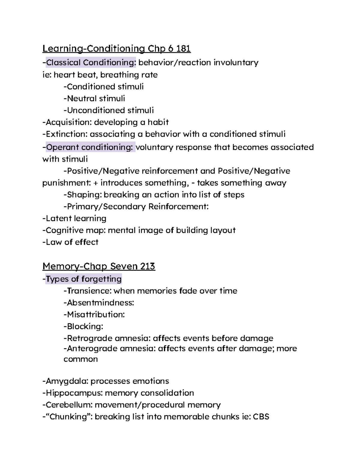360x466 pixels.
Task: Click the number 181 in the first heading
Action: [183, 49]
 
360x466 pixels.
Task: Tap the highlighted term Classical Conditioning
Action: [91, 62]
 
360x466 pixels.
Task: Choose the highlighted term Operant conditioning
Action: [89, 147]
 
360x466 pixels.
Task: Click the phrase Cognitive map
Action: [75, 230]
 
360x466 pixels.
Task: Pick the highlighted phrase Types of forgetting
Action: [84, 279]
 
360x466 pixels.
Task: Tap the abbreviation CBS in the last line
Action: [261, 417]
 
